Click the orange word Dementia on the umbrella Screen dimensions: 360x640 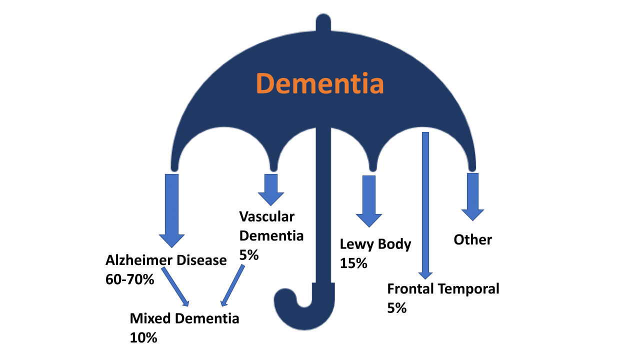[x=320, y=84]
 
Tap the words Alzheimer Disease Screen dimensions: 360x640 [x=166, y=260]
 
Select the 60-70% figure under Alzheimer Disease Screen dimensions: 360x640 [x=129, y=279]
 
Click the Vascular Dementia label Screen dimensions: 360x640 [x=271, y=226]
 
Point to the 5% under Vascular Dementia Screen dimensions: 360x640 [x=248, y=254]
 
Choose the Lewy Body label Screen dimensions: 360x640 [x=375, y=244]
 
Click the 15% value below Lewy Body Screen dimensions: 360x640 [x=353, y=263]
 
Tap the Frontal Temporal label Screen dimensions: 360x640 [x=443, y=289]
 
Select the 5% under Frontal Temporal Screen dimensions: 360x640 [x=396, y=308]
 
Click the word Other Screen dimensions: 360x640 [x=472, y=240]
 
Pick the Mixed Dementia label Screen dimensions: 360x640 [x=184, y=318]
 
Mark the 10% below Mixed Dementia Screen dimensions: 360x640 [x=143, y=337]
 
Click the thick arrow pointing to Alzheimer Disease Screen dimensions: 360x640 [x=171, y=210]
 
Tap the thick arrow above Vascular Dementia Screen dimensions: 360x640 [x=271, y=189]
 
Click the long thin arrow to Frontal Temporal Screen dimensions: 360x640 [x=425, y=205]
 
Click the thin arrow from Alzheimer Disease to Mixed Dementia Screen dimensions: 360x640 [x=175, y=286]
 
